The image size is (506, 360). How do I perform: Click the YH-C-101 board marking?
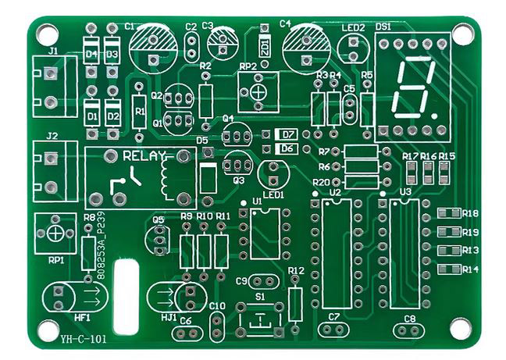(83, 339)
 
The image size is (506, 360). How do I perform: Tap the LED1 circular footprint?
(273, 173)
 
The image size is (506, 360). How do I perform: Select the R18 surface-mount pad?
(447, 213)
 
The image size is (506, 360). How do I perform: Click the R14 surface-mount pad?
(447, 269)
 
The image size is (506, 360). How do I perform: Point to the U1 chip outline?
(265, 233)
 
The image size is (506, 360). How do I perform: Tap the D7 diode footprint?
(287, 134)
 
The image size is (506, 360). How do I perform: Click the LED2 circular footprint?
(353, 48)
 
